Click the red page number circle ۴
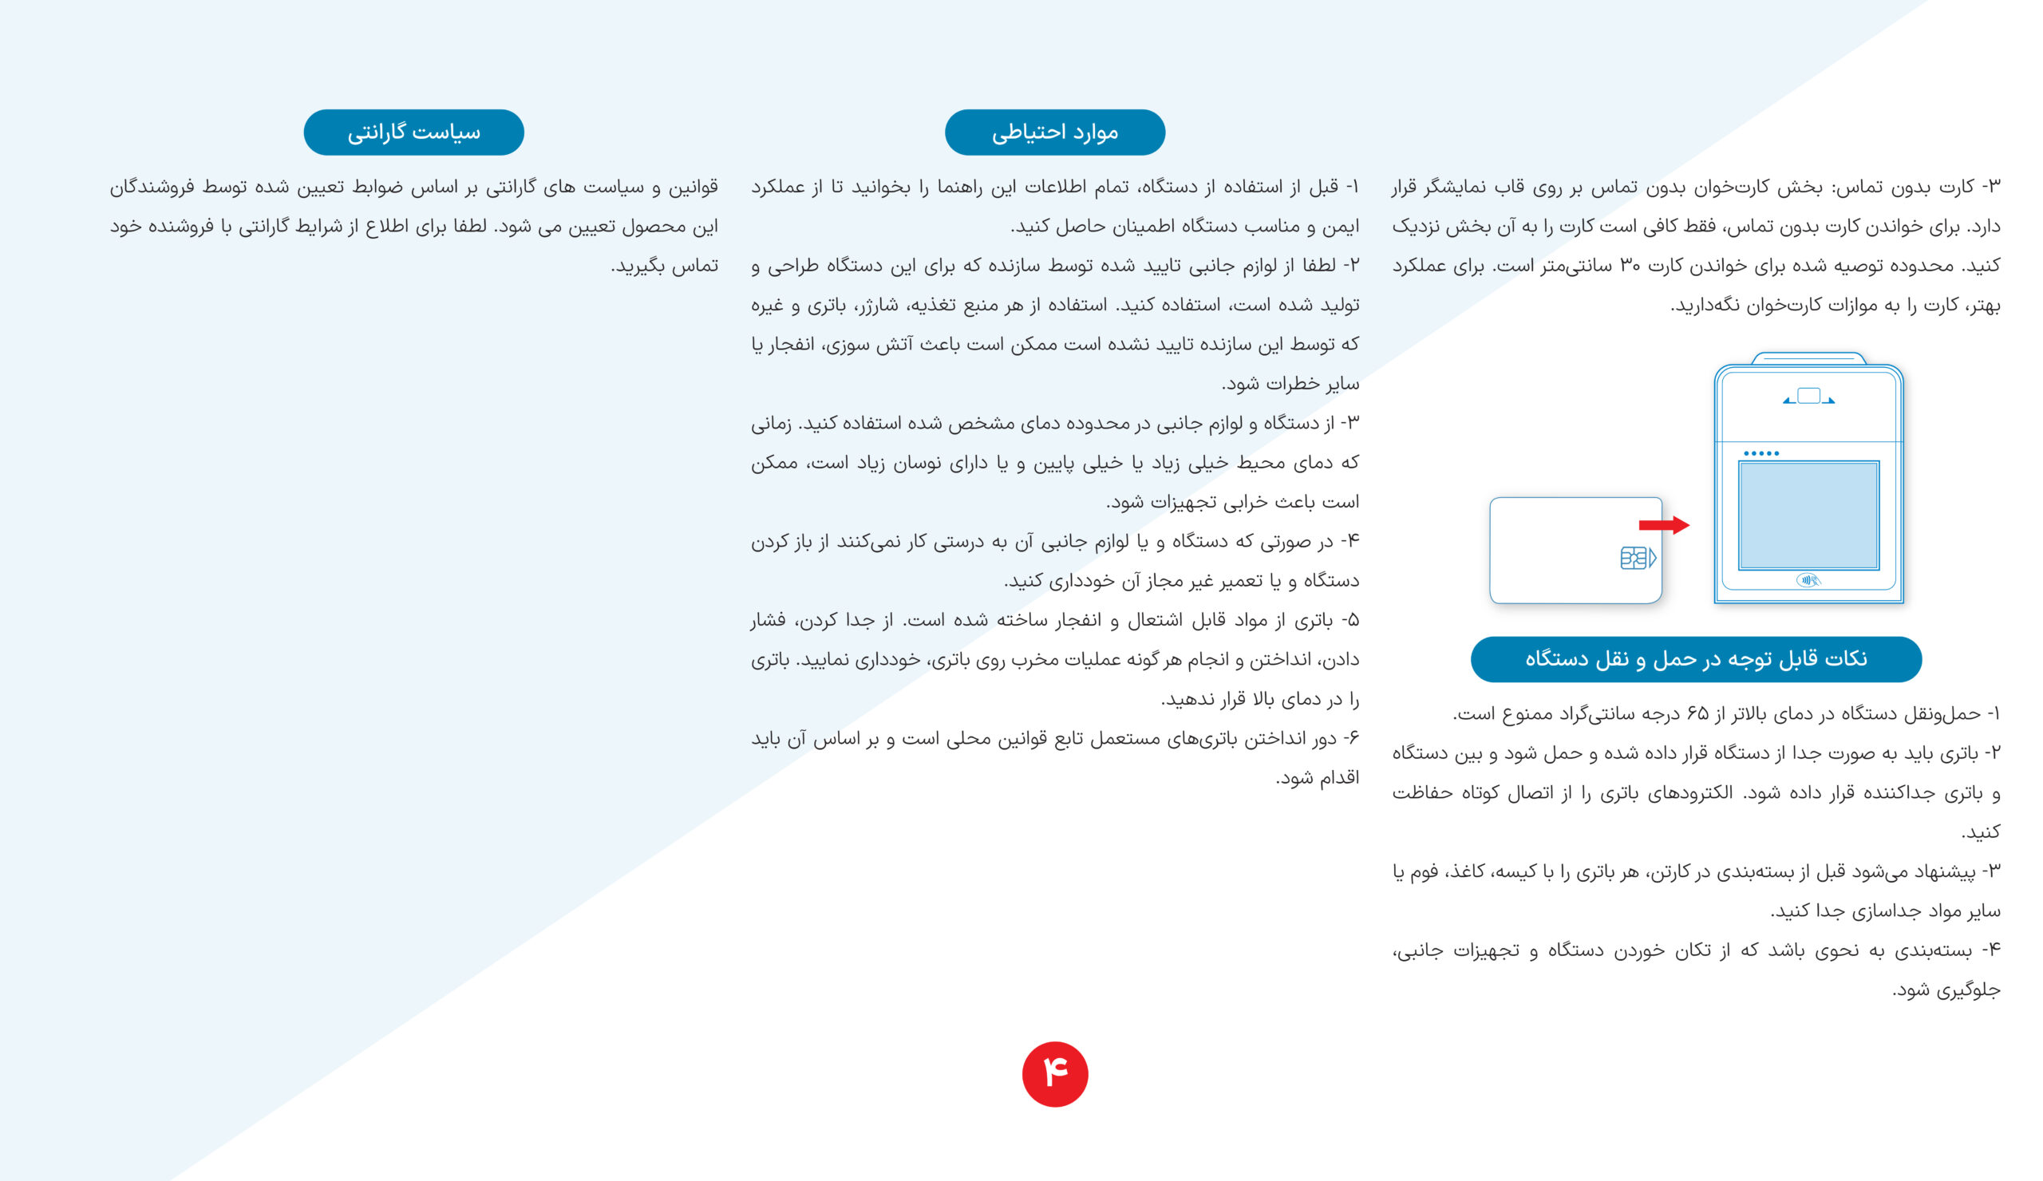click(x=1055, y=1074)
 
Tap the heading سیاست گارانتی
click(x=413, y=132)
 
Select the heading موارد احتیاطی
click(x=1055, y=132)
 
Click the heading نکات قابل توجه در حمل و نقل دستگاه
click(x=1695, y=659)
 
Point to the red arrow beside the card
click(x=1664, y=525)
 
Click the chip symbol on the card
click(x=1637, y=559)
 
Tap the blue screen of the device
click(x=1808, y=515)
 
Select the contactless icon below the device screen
click(x=1808, y=579)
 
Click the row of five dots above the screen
click(x=1760, y=453)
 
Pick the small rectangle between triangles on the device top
click(x=1808, y=396)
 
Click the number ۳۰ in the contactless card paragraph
click(x=1630, y=266)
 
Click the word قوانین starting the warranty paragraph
click(x=694, y=188)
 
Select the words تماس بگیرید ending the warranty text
click(x=666, y=266)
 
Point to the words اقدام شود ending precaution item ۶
click(x=1319, y=778)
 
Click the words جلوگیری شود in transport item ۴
click(x=1947, y=990)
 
